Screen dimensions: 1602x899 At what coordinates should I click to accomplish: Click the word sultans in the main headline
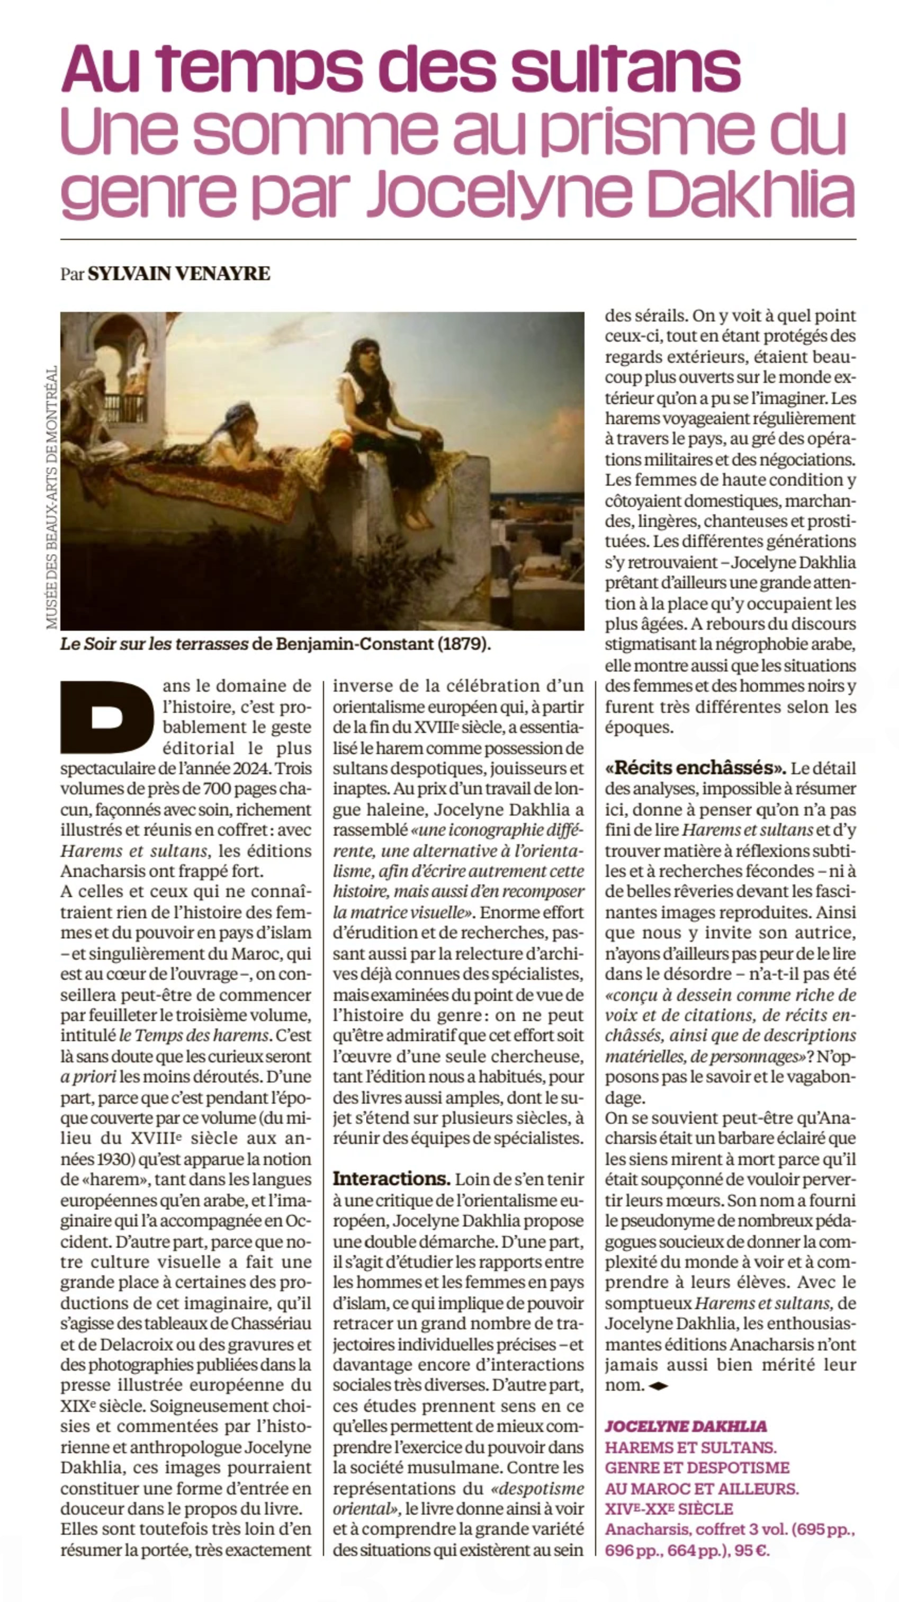pyautogui.click(x=625, y=68)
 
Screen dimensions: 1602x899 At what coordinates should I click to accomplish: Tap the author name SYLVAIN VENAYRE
pyautogui.click(x=179, y=274)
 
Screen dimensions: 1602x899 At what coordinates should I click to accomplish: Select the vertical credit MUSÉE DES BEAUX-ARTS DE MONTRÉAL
pyautogui.click(x=51, y=496)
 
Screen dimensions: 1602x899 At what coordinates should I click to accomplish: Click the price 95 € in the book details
pyautogui.click(x=752, y=1551)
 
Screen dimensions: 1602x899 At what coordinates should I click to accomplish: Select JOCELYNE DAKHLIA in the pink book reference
pyautogui.click(x=686, y=1426)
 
